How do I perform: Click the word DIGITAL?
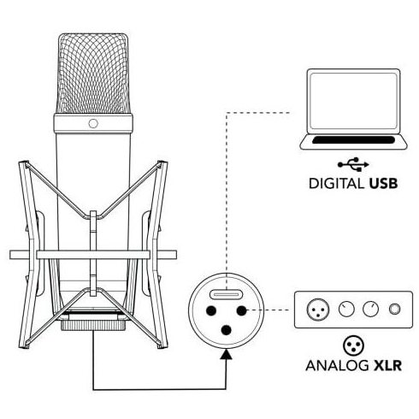tap(336, 183)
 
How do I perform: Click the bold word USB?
tap(383, 183)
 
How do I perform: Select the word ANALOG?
tap(337, 365)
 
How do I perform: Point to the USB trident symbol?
tap(353, 164)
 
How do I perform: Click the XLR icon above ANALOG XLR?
tap(353, 345)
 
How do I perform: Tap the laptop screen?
tap(353, 101)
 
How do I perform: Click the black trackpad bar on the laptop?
tap(353, 140)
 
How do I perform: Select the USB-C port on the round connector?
tap(226, 294)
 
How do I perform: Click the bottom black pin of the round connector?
tap(226, 330)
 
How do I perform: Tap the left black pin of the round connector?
tap(211, 310)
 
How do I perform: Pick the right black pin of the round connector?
tap(241, 310)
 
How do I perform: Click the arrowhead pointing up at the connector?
tap(227, 354)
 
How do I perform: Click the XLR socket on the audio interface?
tap(318, 310)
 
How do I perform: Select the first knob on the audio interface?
tap(346, 310)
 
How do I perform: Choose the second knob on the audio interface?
tap(370, 310)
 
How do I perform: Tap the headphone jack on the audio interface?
tap(395, 309)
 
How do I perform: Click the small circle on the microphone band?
tap(93, 123)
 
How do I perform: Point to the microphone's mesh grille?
tap(93, 74)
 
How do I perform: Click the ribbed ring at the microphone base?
tap(93, 325)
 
